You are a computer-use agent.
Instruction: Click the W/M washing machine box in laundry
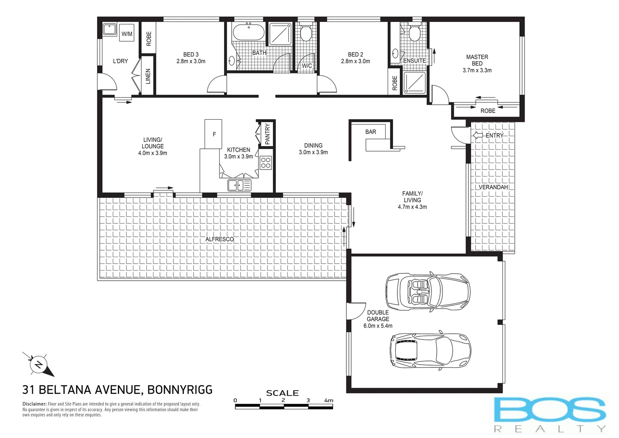[127, 34]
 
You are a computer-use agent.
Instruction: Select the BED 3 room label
[191, 54]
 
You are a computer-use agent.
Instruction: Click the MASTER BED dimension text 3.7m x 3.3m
[477, 70]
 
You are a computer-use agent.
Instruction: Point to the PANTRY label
[267, 134]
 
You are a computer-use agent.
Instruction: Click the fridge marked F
[213, 134]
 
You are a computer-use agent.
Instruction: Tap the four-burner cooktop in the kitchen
[266, 163]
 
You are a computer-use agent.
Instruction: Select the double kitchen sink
[239, 185]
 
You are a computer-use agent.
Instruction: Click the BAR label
[371, 132]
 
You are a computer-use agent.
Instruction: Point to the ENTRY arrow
[478, 135]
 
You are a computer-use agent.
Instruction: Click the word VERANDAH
[493, 187]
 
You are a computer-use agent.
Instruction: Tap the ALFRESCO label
[220, 239]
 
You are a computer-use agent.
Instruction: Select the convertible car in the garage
[428, 291]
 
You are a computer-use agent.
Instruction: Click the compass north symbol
[38, 364]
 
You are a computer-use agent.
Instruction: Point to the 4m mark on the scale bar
[329, 401]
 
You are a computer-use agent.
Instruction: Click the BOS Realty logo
[550, 413]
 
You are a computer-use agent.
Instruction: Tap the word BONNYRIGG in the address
[180, 390]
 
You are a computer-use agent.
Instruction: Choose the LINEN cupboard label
[148, 76]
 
